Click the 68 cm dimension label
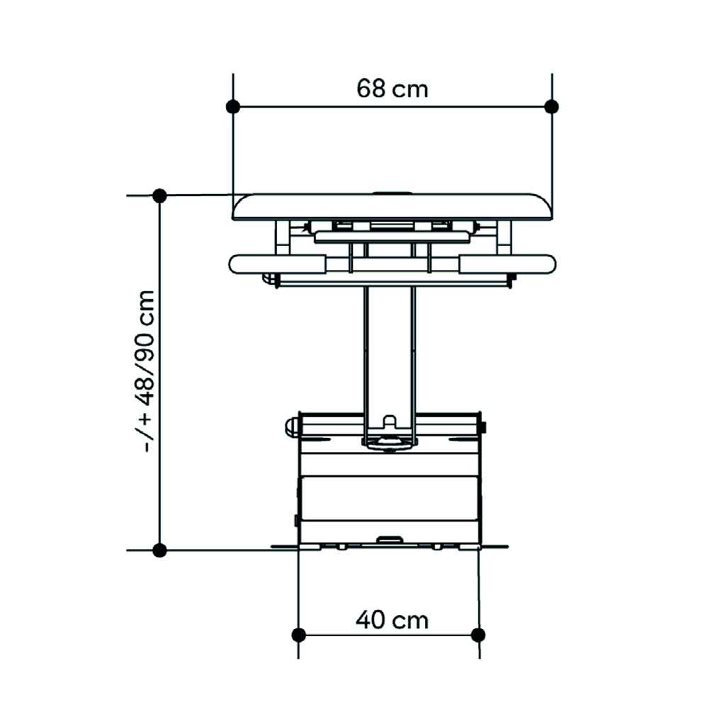pyautogui.click(x=392, y=89)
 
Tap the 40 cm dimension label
pyautogui.click(x=392, y=620)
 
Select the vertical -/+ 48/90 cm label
pyautogui.click(x=145, y=371)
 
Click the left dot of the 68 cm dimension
pyautogui.click(x=233, y=107)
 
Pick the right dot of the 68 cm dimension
pyautogui.click(x=551, y=107)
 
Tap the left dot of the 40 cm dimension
pyautogui.click(x=298, y=635)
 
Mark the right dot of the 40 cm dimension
pyautogui.click(x=478, y=635)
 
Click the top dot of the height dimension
pyautogui.click(x=159, y=196)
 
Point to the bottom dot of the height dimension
pyautogui.click(x=159, y=550)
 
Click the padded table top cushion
pyautogui.click(x=392, y=207)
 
